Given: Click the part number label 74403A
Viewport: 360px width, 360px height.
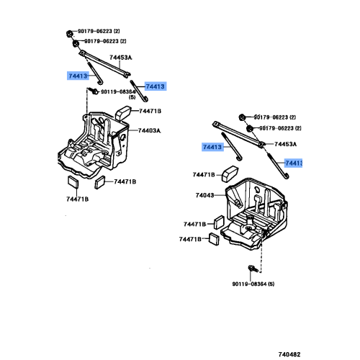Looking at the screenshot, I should (x=149, y=130).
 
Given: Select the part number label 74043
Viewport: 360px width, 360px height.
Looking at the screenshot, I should (x=205, y=195).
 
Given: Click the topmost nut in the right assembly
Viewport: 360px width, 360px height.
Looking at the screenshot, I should (x=240, y=116).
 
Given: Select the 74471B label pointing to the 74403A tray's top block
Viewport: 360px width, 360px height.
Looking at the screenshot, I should (x=150, y=111).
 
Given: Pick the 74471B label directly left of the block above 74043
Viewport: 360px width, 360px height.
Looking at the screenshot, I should (x=204, y=174).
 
